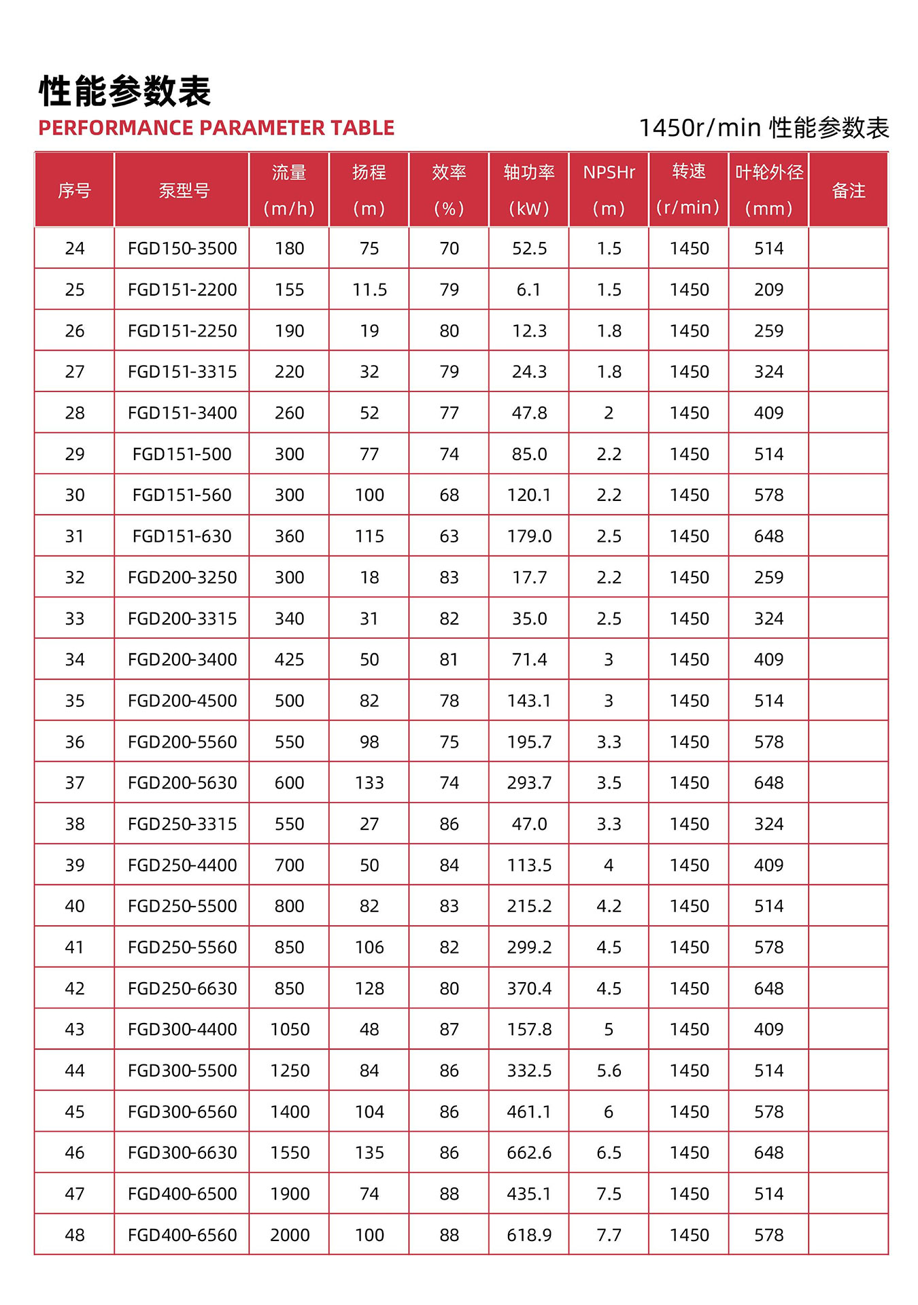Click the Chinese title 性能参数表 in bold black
(125, 91)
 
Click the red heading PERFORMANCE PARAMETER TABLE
(216, 128)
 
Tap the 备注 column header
(848, 190)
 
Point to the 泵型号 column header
(182, 190)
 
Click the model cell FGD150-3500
(182, 249)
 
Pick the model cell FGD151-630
(182, 536)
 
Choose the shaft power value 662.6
(529, 1153)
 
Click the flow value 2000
(290, 1235)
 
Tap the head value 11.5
(369, 290)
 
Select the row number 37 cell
(75, 783)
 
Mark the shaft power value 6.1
(529, 290)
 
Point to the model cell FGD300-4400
(182, 1030)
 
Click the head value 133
(369, 783)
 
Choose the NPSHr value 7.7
(609, 1235)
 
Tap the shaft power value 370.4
(529, 988)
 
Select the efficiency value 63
(449, 536)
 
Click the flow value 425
(290, 659)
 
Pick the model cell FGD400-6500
(182, 1194)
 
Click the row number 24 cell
(75, 249)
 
